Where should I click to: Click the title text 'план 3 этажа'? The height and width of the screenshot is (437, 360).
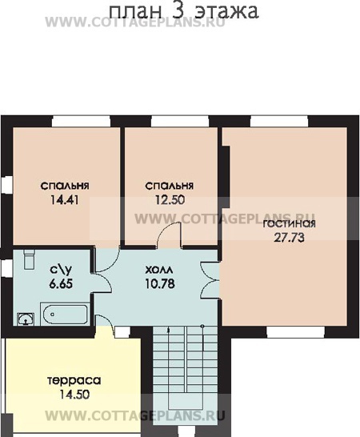click(x=184, y=12)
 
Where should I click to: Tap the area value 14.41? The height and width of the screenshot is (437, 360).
click(x=65, y=200)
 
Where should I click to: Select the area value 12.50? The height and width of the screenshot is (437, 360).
click(x=170, y=200)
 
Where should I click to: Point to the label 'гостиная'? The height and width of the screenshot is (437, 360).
click(x=290, y=224)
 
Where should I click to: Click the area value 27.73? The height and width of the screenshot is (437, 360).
click(x=290, y=238)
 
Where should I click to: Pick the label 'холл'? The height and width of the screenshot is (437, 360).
click(x=159, y=270)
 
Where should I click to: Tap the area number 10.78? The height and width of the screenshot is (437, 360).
click(x=160, y=283)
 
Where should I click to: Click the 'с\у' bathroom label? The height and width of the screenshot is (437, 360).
click(x=61, y=270)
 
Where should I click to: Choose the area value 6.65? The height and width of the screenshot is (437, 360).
click(x=61, y=283)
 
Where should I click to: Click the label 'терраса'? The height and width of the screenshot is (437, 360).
click(x=74, y=381)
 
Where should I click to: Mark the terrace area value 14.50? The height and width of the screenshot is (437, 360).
click(x=74, y=395)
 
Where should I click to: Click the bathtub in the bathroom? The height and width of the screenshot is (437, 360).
click(x=65, y=314)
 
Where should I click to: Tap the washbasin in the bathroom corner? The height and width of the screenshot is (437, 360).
click(x=26, y=319)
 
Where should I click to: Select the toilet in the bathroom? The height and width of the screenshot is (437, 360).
click(x=30, y=259)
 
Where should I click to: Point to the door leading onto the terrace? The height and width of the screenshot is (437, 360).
click(x=106, y=324)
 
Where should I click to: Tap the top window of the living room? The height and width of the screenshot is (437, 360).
click(x=279, y=122)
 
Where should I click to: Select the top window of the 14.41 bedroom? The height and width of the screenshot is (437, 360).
click(x=81, y=122)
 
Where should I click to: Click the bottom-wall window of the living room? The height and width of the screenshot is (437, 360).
click(x=296, y=332)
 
